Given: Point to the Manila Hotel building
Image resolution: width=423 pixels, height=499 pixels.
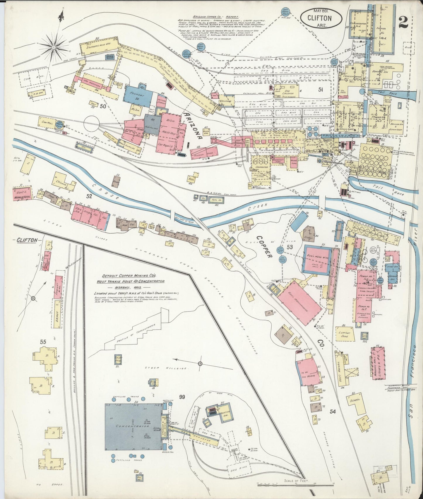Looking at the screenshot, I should [23, 193].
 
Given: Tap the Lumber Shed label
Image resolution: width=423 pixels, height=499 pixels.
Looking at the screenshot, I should [344, 334].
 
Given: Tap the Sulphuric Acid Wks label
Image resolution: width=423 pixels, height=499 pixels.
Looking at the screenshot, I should [98, 46].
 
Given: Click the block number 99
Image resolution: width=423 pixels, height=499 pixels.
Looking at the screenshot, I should [182, 397].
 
